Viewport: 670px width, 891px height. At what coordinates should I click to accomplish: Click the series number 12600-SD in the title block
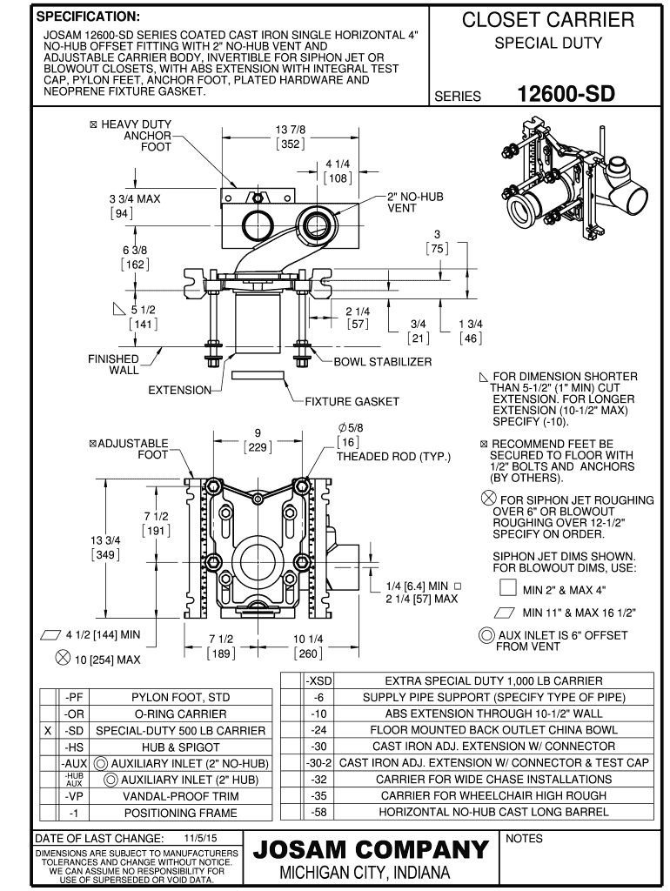tap(566, 92)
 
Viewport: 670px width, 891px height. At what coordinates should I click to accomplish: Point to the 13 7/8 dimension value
tap(290, 130)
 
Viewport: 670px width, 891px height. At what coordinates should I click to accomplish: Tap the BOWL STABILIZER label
tap(383, 362)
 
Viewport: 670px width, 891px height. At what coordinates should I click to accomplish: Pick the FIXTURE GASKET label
tap(352, 401)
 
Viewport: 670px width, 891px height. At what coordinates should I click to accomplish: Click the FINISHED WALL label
tap(112, 365)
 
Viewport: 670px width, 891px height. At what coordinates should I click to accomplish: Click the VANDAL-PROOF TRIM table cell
tap(178, 795)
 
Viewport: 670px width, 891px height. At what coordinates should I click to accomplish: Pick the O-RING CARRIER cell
tap(178, 713)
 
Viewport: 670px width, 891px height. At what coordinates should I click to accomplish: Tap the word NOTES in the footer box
tap(524, 838)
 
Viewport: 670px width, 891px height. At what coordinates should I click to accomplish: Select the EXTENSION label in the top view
tap(178, 391)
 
